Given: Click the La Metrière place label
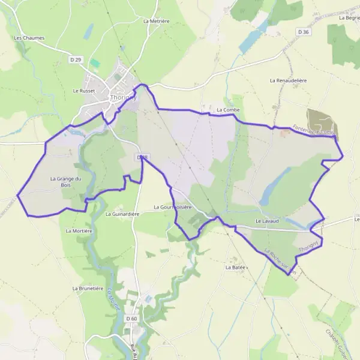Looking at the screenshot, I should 157,20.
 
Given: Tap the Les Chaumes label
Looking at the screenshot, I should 29,38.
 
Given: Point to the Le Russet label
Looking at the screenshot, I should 84,91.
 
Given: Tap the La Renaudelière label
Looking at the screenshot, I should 289,80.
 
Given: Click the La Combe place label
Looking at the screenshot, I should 228,110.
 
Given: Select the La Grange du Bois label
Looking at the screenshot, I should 65,181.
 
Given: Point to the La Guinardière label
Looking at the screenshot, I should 122,214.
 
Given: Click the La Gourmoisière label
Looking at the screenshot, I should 172,207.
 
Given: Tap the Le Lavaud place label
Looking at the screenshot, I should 268,221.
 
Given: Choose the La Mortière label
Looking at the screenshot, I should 79,230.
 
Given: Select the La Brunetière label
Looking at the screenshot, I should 88,289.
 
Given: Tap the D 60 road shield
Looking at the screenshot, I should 132,318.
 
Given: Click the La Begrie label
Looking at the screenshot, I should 349,18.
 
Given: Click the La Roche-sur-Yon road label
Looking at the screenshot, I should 280,262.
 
